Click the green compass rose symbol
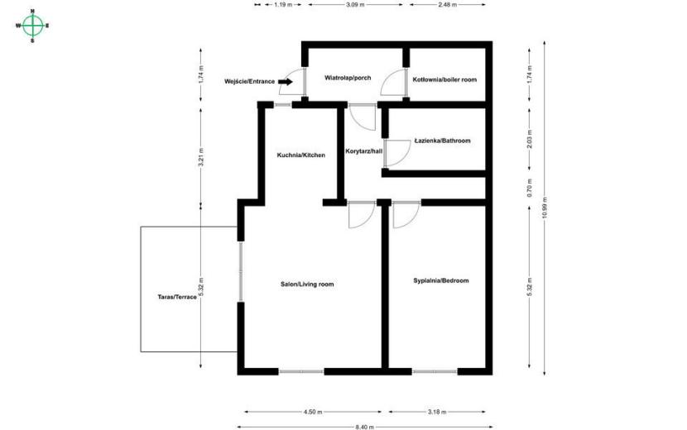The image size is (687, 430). tap(32, 26)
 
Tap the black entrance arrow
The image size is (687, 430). tap(286, 81)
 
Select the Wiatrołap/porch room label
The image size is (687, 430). tap(348, 78)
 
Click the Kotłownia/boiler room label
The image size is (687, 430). tap(444, 79)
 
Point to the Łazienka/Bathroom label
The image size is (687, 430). tap(443, 141)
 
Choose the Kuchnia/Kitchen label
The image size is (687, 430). tap(301, 155)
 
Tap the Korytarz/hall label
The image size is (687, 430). tap(363, 151)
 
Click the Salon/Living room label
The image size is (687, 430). tap(307, 284)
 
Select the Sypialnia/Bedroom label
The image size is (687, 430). tap(441, 280)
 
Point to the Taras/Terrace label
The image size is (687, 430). tap(177, 297)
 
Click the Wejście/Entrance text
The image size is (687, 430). tap(249, 81)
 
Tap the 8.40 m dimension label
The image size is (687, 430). tap(365, 427)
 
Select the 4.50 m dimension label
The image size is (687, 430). tap(313, 412)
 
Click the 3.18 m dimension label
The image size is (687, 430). tap(437, 412)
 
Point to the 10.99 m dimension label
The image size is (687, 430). tap(545, 208)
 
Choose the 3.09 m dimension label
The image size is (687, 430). tap(355, 5)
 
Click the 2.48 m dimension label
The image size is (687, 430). tap(447, 5)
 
